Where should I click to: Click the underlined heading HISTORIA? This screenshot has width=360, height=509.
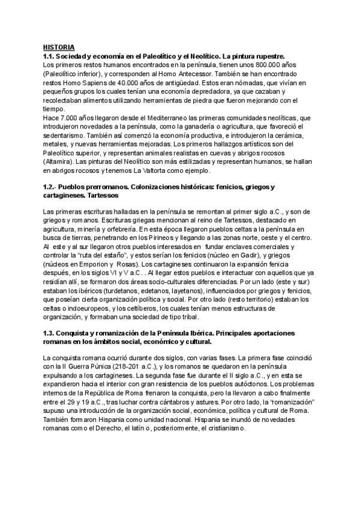pos(59,46)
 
